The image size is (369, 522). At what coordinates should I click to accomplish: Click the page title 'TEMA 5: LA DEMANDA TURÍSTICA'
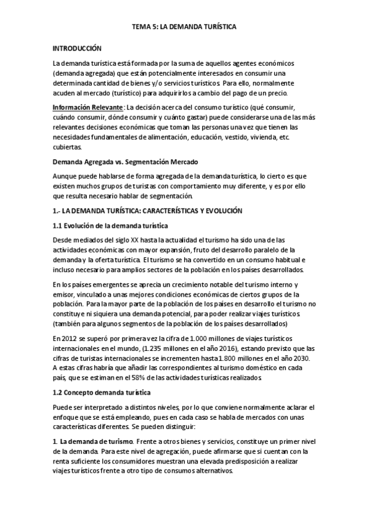[x=184, y=28]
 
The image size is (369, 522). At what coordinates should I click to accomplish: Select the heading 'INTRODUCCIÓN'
[x=76, y=47]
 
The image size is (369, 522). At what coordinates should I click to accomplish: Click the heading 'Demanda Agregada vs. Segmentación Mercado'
[x=125, y=162]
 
